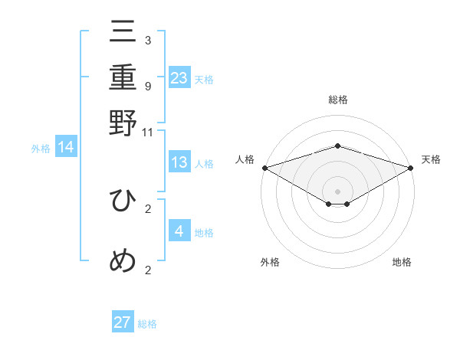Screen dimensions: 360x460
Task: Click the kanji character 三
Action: [123, 31]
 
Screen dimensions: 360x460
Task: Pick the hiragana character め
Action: [123, 261]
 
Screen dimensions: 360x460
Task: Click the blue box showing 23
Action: [179, 77]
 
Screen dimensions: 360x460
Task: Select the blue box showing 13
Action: [179, 162]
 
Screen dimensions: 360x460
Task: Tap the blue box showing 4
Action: [179, 231]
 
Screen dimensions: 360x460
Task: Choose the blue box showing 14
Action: [66, 147]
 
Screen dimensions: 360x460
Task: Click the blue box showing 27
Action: [123, 322]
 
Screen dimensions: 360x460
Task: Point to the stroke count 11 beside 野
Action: [148, 132]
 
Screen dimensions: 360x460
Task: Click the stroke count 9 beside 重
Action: [148, 86]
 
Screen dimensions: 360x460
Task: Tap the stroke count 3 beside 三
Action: [148, 40]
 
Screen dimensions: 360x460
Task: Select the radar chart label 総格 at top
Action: [337, 100]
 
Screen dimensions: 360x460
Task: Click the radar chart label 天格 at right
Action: [431, 159]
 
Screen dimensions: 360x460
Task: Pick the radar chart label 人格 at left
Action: [245, 159]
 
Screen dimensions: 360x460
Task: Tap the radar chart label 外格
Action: [270, 263]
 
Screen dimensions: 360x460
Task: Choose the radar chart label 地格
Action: [402, 263]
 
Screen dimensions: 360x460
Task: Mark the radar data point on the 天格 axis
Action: [411, 167]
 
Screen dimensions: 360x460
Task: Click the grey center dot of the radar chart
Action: [337, 190]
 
